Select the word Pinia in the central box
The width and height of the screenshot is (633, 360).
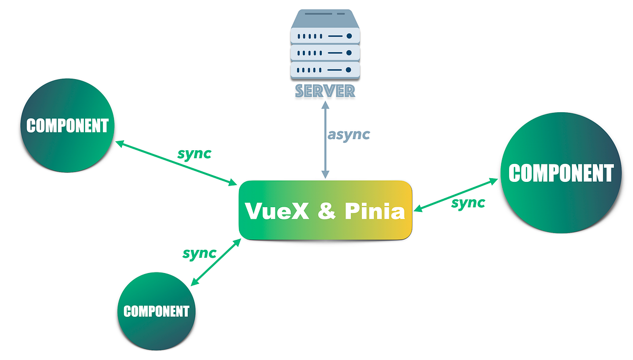pyautogui.click(x=375, y=212)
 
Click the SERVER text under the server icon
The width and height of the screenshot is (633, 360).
pyautogui.click(x=325, y=91)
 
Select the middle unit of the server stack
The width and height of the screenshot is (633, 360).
pyautogui.click(x=325, y=52)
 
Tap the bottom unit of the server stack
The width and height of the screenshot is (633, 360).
pyautogui.click(x=325, y=70)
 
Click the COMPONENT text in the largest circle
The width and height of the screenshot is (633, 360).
pyautogui.click(x=561, y=173)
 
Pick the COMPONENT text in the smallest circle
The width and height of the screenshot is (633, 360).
pyautogui.click(x=156, y=311)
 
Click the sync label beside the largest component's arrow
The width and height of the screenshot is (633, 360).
pyautogui.click(x=468, y=203)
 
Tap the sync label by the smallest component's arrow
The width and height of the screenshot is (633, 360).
pyautogui.click(x=199, y=253)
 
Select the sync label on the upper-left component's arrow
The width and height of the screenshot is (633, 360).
pyautogui.click(x=194, y=153)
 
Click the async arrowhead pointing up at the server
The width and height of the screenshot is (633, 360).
pyautogui.click(x=325, y=104)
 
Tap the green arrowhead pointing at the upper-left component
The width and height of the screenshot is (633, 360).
pyautogui.click(x=120, y=143)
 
